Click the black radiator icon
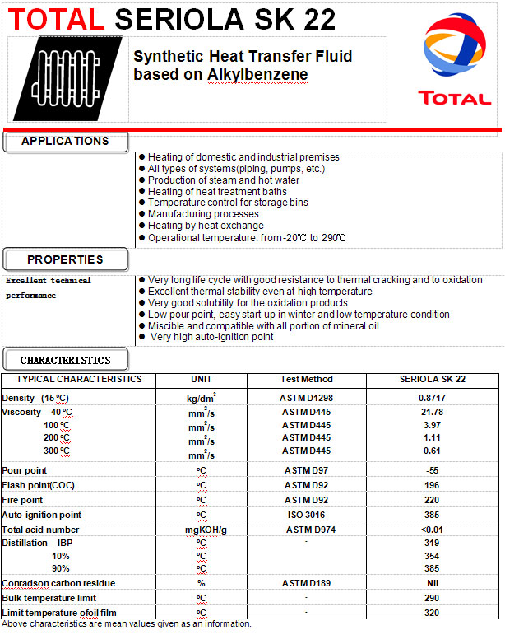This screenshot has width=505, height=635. click(x=68, y=79)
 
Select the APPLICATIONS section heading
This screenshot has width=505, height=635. click(x=65, y=141)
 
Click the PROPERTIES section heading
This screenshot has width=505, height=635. click(x=65, y=259)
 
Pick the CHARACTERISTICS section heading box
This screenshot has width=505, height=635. click(x=65, y=360)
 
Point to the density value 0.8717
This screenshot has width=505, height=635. click(x=432, y=398)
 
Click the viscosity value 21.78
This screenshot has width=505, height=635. click(x=432, y=412)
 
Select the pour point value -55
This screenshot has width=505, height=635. click(x=432, y=470)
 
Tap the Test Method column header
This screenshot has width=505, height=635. click(x=308, y=380)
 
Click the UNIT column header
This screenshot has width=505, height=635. click(x=201, y=380)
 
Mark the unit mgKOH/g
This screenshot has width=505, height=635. click(x=201, y=530)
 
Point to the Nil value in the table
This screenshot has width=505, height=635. click(x=432, y=583)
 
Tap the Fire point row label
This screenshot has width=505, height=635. click(x=23, y=500)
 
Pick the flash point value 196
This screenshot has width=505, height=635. click(x=432, y=485)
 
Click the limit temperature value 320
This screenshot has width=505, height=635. click(x=432, y=613)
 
